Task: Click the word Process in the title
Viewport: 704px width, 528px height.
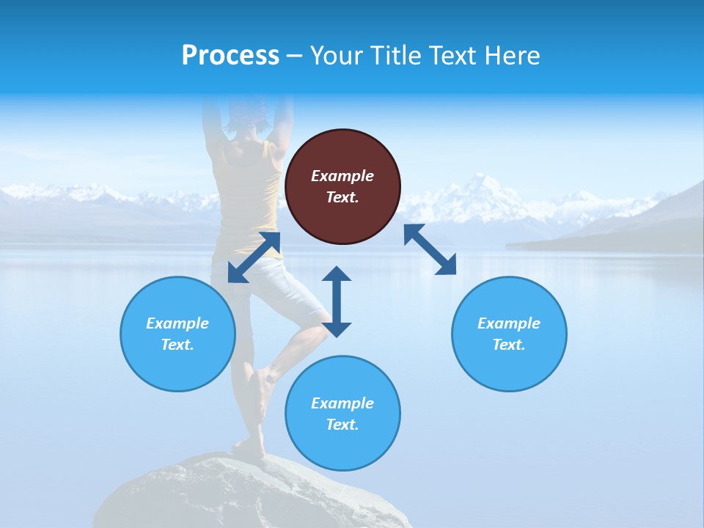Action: (x=230, y=56)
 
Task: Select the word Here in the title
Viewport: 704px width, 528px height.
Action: (x=510, y=56)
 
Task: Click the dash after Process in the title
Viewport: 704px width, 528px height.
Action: (x=295, y=56)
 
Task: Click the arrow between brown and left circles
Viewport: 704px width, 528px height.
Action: (x=254, y=257)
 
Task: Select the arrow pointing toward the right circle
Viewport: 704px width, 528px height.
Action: (x=430, y=249)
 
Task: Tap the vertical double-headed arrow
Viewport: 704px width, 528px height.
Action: (x=337, y=301)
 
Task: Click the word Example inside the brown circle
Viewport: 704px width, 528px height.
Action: (x=342, y=176)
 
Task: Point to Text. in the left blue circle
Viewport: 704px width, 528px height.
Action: (x=177, y=345)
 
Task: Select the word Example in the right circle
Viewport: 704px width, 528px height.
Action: (x=509, y=323)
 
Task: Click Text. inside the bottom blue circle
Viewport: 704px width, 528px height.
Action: (x=342, y=425)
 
